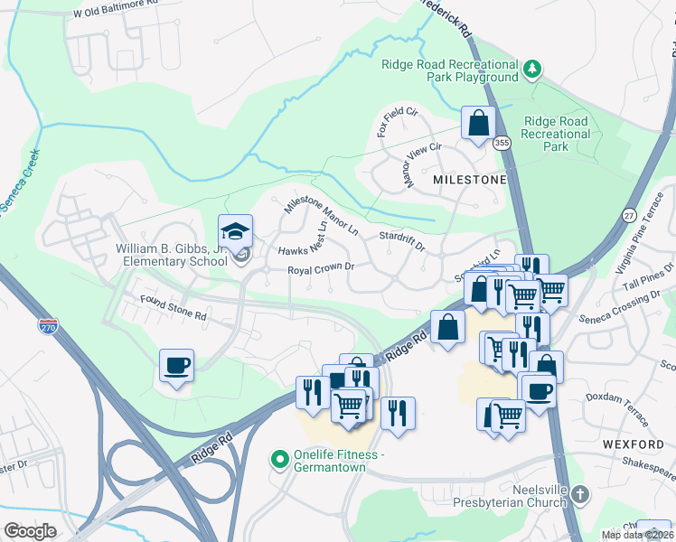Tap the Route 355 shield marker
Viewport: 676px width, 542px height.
click(502, 143)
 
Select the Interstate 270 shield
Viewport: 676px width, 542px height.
click(48, 324)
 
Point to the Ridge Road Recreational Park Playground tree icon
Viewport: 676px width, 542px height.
click(533, 69)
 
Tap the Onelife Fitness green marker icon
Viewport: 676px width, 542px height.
click(280, 460)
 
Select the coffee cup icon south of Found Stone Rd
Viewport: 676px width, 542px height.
click(176, 366)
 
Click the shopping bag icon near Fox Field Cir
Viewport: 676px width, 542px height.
click(478, 123)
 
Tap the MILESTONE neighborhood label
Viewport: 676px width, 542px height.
click(470, 180)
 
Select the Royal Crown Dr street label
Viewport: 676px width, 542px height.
click(320, 269)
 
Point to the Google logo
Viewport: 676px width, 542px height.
click(30, 531)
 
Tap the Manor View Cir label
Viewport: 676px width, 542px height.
click(422, 165)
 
